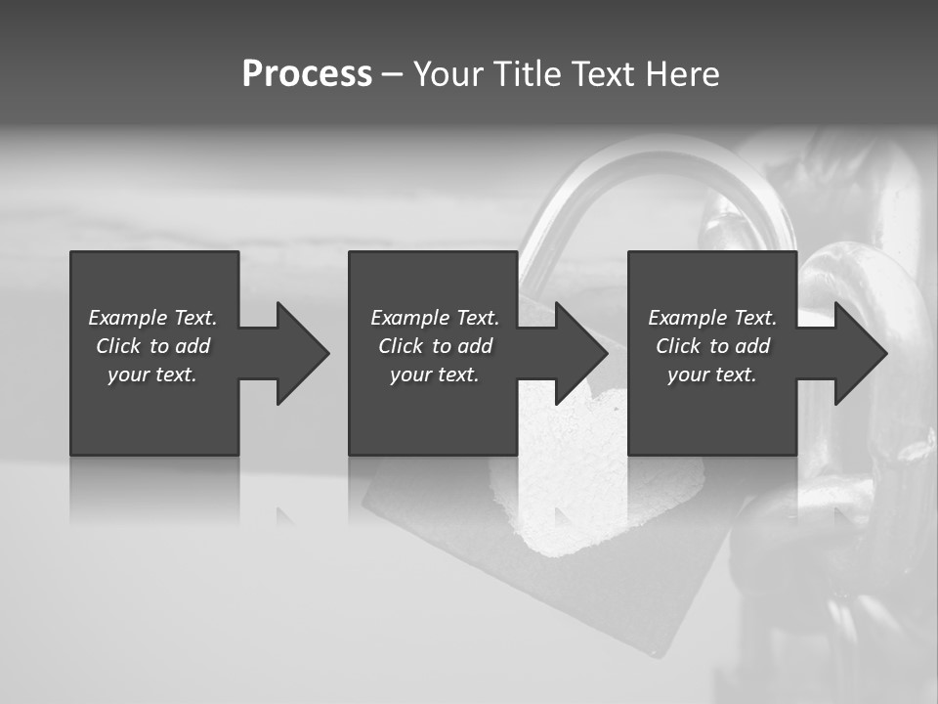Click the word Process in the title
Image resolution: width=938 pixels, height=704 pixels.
pos(307,74)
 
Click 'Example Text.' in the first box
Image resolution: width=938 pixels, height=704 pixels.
pos(152,318)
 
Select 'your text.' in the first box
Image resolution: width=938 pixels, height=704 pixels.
pos(152,374)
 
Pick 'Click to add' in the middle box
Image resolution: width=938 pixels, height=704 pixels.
pos(435,346)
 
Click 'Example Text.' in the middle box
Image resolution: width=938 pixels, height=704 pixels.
pos(435,318)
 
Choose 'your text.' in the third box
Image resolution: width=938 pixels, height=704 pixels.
pos(712,374)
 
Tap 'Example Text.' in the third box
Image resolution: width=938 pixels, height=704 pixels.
pos(712,318)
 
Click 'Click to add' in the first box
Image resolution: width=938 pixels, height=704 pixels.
pos(152,346)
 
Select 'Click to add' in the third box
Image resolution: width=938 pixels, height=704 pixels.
pos(712,346)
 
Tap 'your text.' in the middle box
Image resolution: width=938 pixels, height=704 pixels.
pos(435,374)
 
